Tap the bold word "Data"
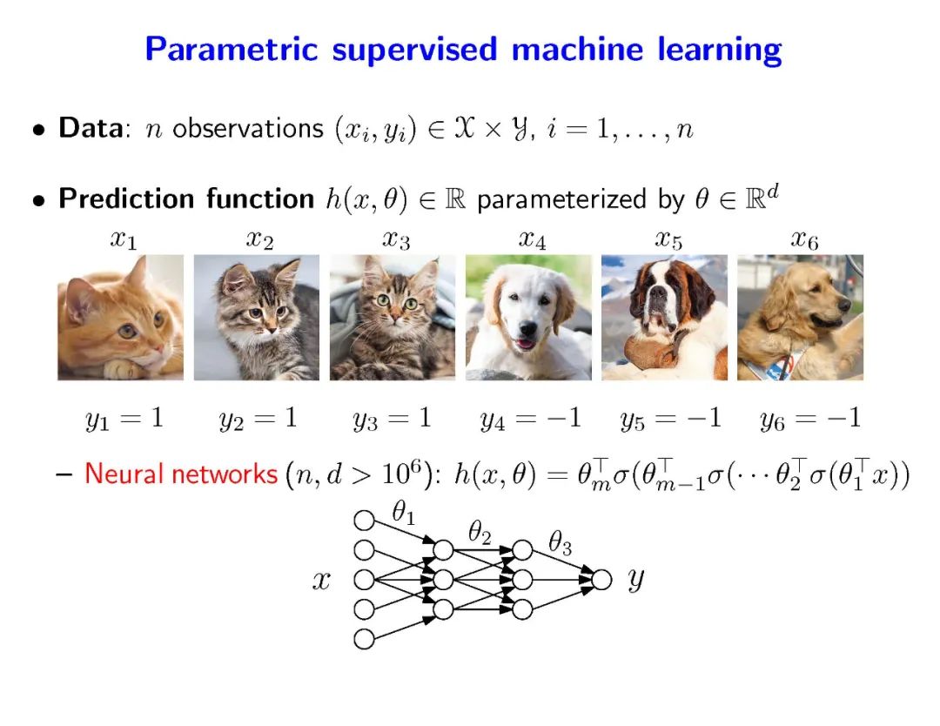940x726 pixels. click(90, 129)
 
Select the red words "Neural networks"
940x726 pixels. click(180, 474)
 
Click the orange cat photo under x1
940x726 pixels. click(120, 318)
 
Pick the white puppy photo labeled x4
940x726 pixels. click(528, 318)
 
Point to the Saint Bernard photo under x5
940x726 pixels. click(664, 318)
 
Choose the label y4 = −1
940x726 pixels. click(530, 419)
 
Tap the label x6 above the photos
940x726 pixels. click(803, 239)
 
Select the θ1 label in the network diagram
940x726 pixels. click(403, 514)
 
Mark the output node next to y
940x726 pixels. click(601, 579)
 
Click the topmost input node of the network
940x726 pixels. click(364, 521)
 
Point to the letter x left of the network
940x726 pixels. click(322, 581)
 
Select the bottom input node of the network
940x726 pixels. click(364, 638)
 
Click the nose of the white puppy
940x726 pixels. click(527, 332)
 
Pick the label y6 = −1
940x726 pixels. click(810, 419)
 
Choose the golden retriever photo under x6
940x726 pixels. click(800, 318)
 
